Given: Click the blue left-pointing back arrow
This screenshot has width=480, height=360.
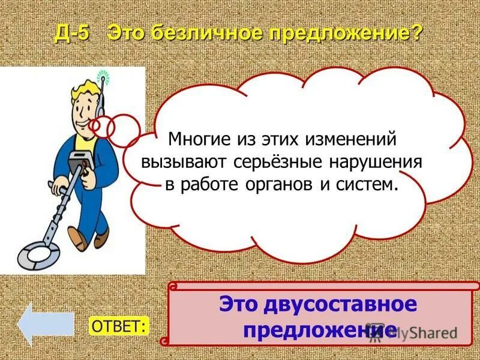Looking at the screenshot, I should [45, 324].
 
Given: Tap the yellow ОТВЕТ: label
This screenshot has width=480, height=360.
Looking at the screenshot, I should [119, 325].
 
